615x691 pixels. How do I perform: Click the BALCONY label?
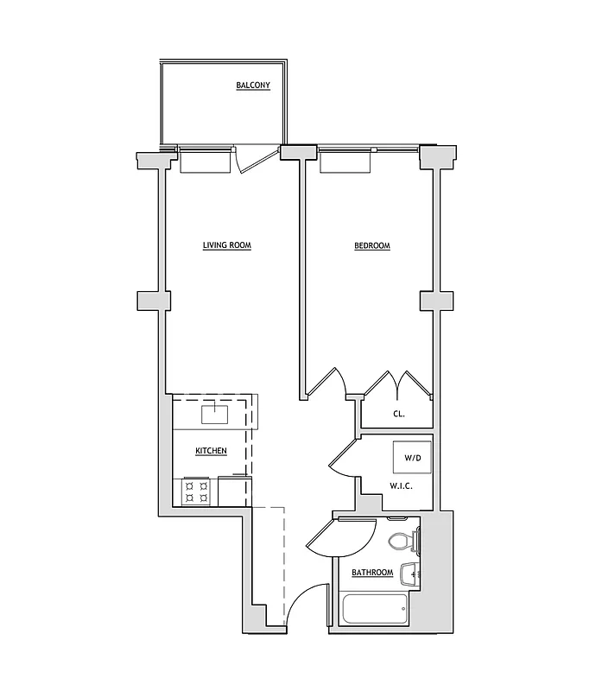(253, 86)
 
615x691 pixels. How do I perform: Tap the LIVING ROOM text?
(226, 246)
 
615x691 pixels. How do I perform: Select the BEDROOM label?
(372, 246)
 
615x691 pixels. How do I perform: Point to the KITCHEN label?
(211, 452)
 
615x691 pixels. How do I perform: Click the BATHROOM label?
(372, 573)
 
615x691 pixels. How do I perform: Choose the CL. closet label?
(398, 415)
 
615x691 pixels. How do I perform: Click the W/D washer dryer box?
(412, 457)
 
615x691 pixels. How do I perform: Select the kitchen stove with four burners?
(196, 492)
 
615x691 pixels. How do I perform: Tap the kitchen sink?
(214, 414)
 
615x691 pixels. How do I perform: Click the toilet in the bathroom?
(402, 542)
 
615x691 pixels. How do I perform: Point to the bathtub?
(374, 610)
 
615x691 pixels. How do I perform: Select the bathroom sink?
(414, 573)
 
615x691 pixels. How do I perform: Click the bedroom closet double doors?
(396, 384)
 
